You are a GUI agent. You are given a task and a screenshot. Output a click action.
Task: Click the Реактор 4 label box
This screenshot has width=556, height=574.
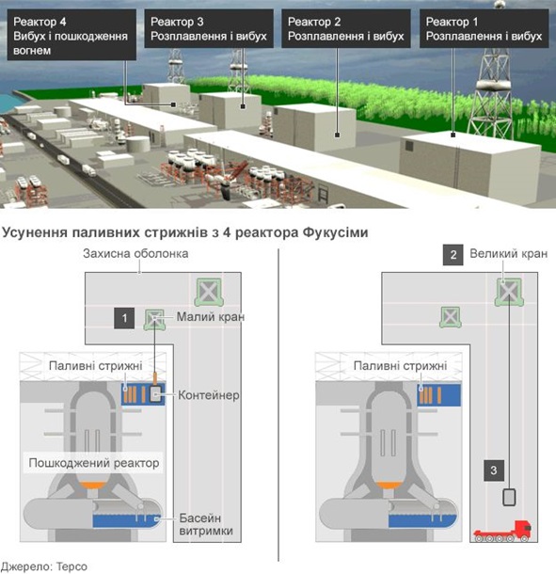click(x=71, y=35)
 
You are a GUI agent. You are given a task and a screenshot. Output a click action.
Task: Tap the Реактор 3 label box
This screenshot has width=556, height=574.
click(x=209, y=28)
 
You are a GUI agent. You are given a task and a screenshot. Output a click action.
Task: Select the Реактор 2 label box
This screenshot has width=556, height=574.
click(x=346, y=28)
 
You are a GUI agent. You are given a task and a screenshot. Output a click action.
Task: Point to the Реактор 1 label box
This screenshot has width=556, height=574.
click(x=484, y=28)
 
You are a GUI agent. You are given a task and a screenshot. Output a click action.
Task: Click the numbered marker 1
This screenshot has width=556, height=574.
click(x=124, y=318)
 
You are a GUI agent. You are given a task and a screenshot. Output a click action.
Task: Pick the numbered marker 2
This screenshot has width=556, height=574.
click(x=453, y=255)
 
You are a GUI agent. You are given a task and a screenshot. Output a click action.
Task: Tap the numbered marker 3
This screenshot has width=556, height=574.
click(x=494, y=470)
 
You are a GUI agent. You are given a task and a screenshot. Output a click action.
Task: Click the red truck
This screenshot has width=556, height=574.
click(x=502, y=532)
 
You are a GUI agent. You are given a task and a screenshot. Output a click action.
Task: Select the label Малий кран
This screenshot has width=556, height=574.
click(x=211, y=317)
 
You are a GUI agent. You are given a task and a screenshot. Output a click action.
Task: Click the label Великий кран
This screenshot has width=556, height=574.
click(x=509, y=254)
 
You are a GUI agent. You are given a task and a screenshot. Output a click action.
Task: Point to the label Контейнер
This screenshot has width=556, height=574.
click(x=209, y=395)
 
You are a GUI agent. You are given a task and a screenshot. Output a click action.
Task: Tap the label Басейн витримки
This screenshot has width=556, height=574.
click(x=206, y=524)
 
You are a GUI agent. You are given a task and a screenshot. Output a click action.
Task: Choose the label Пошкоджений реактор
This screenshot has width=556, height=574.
click(x=94, y=463)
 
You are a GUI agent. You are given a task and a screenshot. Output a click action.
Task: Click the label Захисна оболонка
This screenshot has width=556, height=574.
click(x=135, y=254)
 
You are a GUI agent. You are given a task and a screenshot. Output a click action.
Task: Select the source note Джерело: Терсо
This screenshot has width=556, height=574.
click(x=44, y=566)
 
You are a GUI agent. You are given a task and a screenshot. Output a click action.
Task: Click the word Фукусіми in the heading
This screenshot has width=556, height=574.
click(x=335, y=232)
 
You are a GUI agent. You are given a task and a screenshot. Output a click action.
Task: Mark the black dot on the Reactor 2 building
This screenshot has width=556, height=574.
click(x=338, y=136)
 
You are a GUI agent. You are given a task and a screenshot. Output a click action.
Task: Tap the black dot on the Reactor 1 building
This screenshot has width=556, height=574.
click(x=453, y=136)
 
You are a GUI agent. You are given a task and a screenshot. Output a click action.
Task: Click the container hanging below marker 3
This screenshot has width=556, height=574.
click(x=509, y=498)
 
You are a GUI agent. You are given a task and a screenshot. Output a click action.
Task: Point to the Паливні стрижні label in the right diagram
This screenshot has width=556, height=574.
click(x=401, y=366)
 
